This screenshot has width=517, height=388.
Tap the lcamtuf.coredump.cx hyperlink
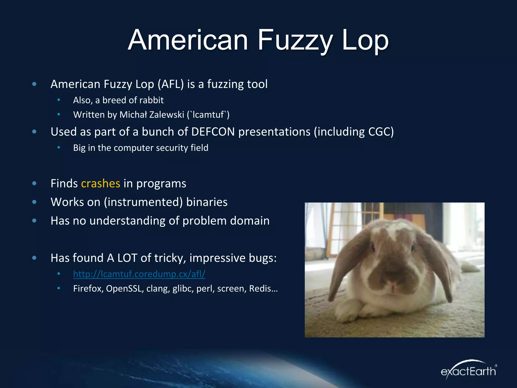click(139, 274)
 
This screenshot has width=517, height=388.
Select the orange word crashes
click(100, 183)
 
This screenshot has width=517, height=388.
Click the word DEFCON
click(213, 132)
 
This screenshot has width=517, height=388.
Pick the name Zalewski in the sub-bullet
click(167, 115)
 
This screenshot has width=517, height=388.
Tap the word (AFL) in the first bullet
click(171, 84)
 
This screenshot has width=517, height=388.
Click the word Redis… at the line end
click(263, 288)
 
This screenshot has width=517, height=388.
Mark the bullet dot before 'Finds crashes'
click(34, 183)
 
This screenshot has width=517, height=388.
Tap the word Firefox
click(88, 288)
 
